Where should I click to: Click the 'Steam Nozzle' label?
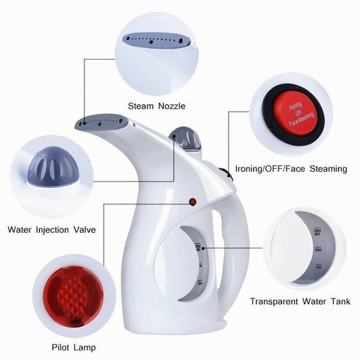pyautogui.click(x=156, y=107)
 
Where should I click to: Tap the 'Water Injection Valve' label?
pyautogui.click(x=51, y=229)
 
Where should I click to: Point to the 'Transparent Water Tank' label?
pyautogui.click(x=300, y=301)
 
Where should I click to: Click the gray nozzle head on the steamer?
pyautogui.click(x=98, y=121)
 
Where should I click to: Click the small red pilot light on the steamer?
pyautogui.click(x=193, y=201)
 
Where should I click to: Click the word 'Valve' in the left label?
pyautogui.click(x=82, y=229)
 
